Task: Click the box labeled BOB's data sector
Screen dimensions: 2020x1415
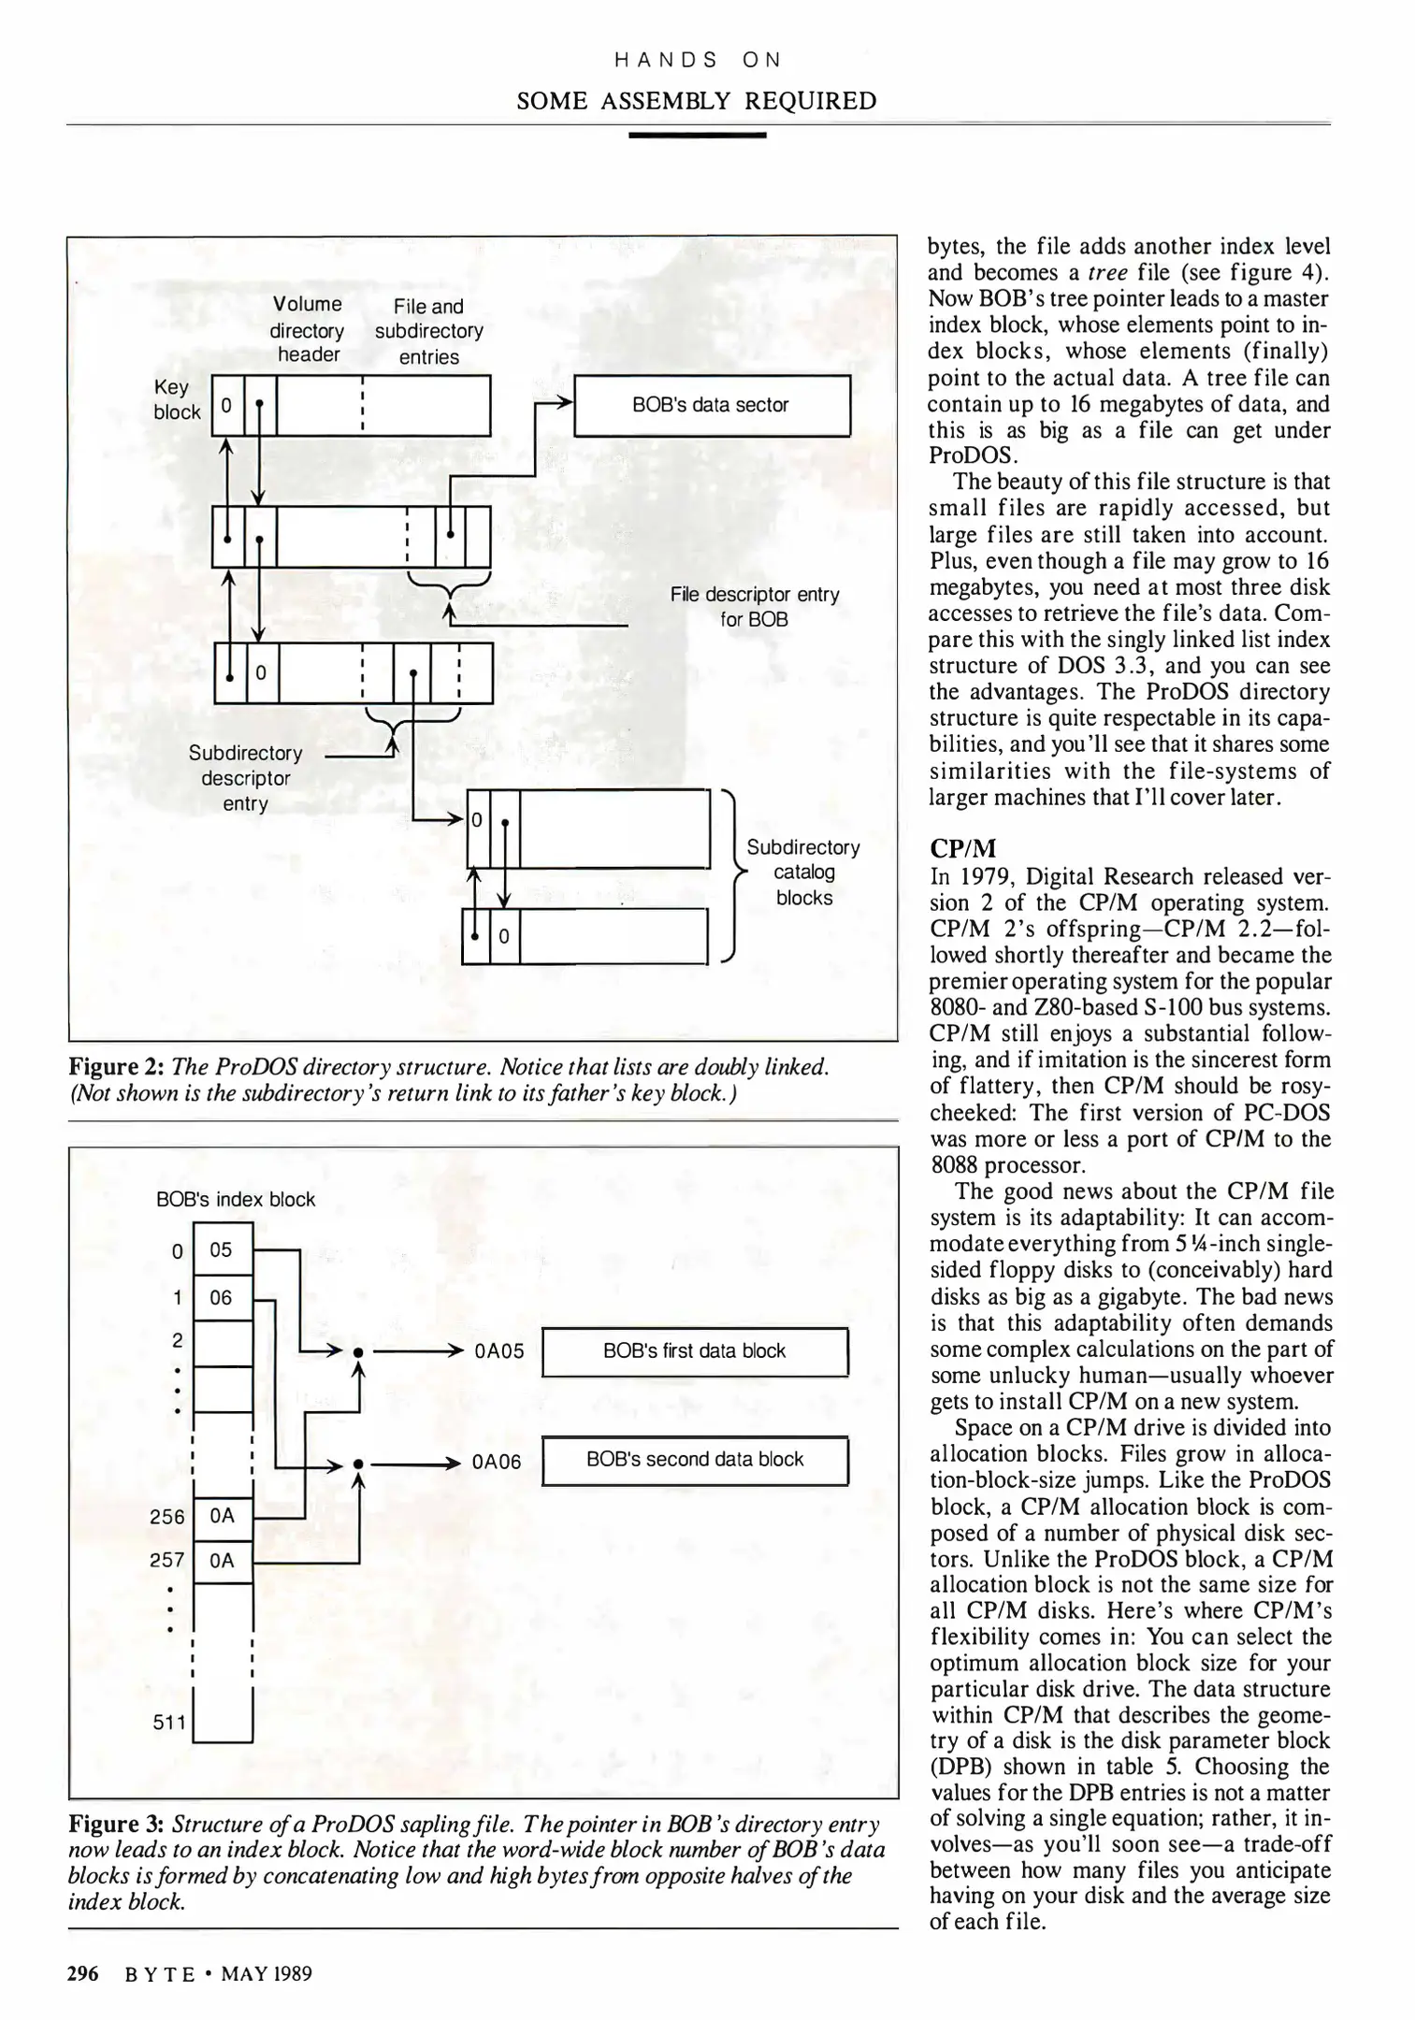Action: pos(711,405)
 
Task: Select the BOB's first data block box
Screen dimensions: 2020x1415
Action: pos(694,1350)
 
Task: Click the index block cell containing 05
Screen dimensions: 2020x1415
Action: pos(222,1249)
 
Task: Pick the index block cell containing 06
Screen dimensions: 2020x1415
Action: pos(222,1297)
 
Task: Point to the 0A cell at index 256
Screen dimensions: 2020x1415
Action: pos(222,1516)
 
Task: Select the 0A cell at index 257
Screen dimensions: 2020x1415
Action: pos(222,1560)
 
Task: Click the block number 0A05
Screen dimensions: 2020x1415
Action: pos(498,1351)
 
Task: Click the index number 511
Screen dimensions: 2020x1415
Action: pos(169,1722)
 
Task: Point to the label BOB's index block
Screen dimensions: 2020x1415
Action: pos(236,1199)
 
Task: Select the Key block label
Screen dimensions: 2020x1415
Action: pos(176,399)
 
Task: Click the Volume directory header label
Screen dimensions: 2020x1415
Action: pos(308,329)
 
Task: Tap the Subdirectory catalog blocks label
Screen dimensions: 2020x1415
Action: pos(803,872)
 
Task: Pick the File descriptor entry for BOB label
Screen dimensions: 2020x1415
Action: pos(754,606)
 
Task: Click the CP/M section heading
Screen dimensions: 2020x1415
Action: pos(962,848)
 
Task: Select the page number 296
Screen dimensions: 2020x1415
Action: pos(83,1973)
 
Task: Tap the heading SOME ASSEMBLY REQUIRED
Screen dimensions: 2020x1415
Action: pos(697,101)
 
